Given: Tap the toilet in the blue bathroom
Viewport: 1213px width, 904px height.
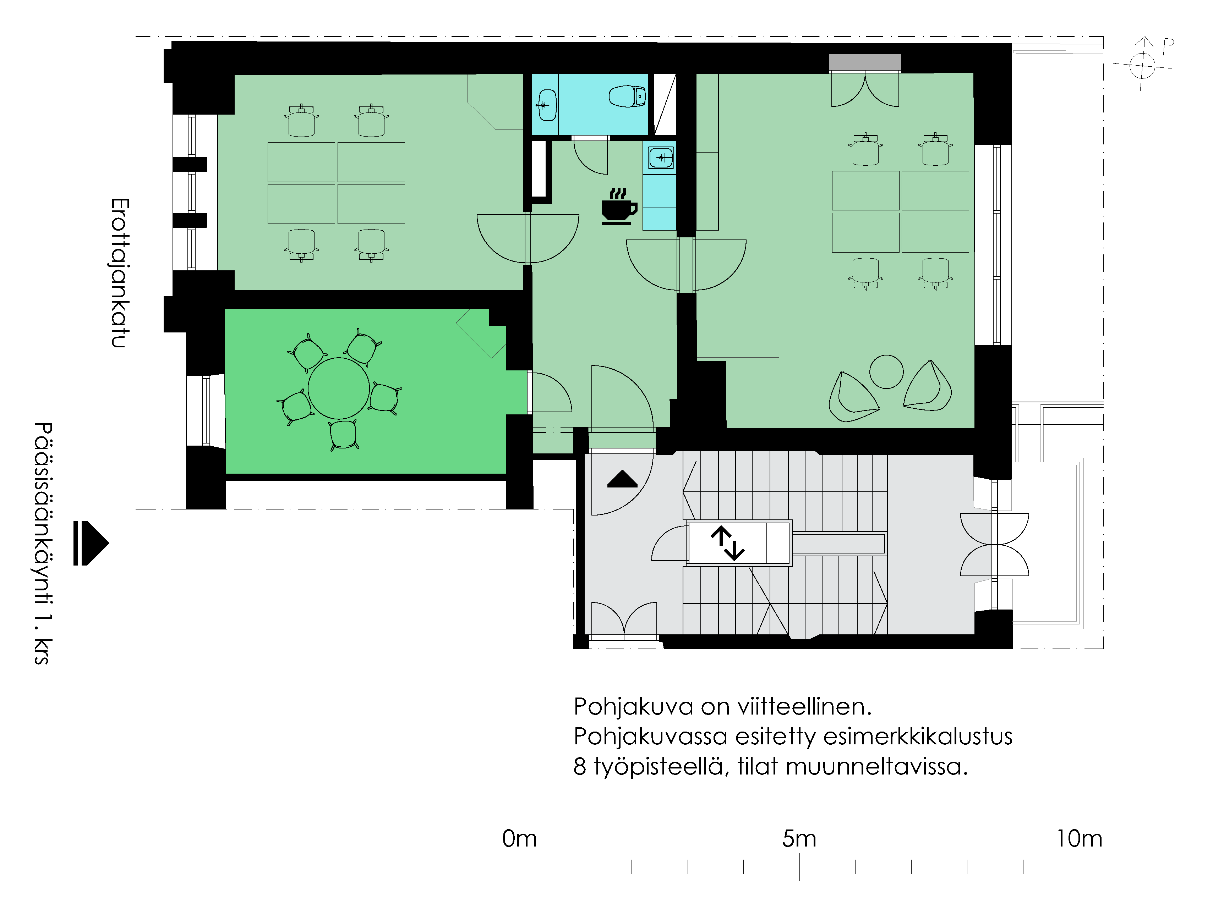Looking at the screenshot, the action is (x=627, y=96).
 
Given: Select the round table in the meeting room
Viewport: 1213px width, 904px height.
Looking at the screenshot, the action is (x=339, y=388).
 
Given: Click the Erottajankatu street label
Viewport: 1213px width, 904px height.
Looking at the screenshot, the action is (x=120, y=273).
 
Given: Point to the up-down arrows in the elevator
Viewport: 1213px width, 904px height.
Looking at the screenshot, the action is (x=727, y=543).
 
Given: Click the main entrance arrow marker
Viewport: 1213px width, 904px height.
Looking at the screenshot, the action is (x=91, y=543).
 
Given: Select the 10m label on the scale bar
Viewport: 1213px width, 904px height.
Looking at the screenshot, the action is (x=1079, y=839).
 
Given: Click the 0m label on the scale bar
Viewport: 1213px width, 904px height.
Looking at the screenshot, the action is (x=519, y=839).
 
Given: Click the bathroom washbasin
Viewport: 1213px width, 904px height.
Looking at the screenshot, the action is (x=547, y=105).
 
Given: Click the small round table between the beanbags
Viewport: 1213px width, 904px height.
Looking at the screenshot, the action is (x=886, y=371).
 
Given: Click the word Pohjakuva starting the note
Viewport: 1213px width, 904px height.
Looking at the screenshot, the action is (x=634, y=707).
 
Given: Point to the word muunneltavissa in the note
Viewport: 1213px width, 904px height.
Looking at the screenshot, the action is (x=877, y=767).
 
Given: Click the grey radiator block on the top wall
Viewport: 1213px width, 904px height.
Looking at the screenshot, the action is (x=865, y=62).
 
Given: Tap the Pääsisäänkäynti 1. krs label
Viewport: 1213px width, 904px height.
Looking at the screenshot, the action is (x=43, y=543).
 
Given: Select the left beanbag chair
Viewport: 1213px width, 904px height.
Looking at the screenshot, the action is (x=853, y=397).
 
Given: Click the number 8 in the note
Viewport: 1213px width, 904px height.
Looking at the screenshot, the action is (x=580, y=767).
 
